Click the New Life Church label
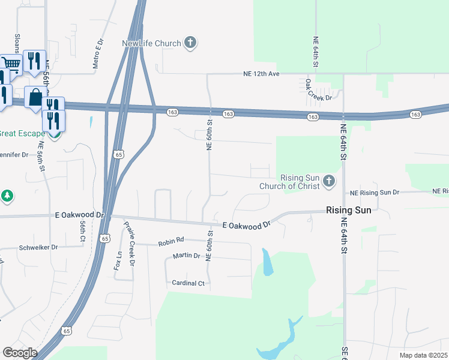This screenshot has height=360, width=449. [151, 43]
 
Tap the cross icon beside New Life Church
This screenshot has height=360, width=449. [190, 42]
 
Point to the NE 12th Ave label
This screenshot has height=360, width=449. [262, 74]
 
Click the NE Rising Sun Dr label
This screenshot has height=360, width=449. [375, 193]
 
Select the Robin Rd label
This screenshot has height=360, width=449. [170, 243]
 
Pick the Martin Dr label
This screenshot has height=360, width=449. [186, 256]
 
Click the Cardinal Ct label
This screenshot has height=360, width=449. [188, 283]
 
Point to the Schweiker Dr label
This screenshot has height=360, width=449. [38, 247]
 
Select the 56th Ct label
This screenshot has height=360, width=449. [83, 232]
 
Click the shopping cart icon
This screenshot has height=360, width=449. [11, 63]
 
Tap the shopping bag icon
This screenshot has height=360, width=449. [35, 97]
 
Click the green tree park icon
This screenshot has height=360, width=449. [7, 196]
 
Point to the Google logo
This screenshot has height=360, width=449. [20, 353]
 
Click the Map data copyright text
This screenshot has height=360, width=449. [424, 355]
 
